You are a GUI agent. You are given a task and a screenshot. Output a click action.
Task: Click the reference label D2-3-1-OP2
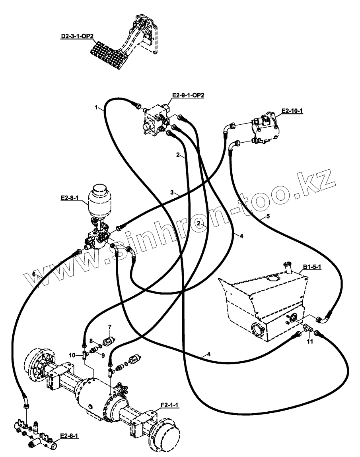tap(77, 36)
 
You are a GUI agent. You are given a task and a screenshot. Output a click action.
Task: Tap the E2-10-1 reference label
tap(292, 111)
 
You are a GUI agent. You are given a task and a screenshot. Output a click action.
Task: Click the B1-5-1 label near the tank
tap(312, 267)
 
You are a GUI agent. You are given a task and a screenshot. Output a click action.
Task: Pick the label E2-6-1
tap(69, 436)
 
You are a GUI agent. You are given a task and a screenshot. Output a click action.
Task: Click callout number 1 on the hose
tap(96, 107)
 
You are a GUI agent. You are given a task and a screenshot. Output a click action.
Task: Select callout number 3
tap(172, 192)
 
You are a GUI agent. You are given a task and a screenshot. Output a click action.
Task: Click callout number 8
tap(91, 341)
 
